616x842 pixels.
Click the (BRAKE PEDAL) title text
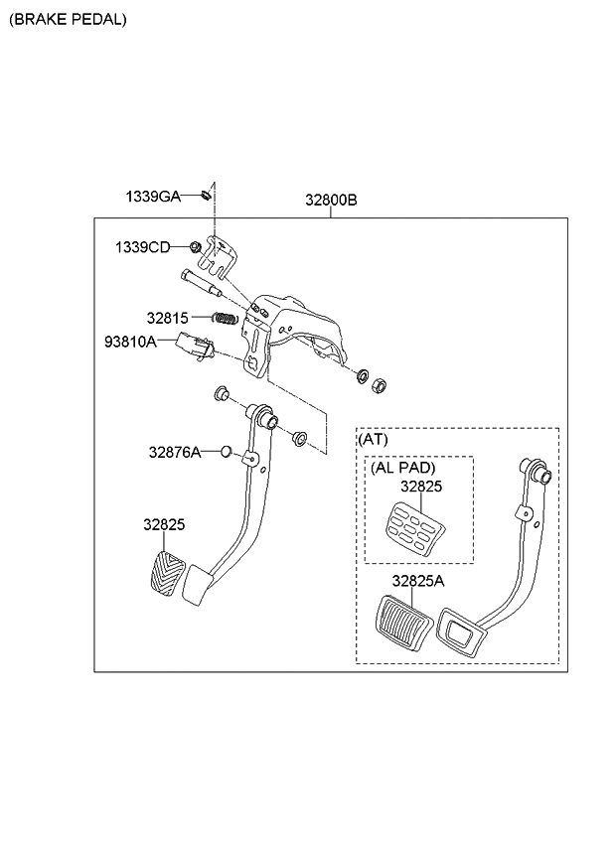click(69, 19)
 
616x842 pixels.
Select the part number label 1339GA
click(152, 197)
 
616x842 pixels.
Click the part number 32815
click(166, 319)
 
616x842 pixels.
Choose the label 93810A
click(130, 342)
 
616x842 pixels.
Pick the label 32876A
click(175, 452)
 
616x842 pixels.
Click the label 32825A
click(417, 581)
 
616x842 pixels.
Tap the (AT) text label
click(373, 437)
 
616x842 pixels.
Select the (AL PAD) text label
click(403, 468)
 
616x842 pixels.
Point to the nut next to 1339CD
click(197, 246)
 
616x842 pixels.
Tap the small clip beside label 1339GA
click(204, 194)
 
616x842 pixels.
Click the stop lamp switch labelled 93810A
click(194, 347)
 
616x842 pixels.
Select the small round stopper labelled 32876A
click(226, 453)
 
